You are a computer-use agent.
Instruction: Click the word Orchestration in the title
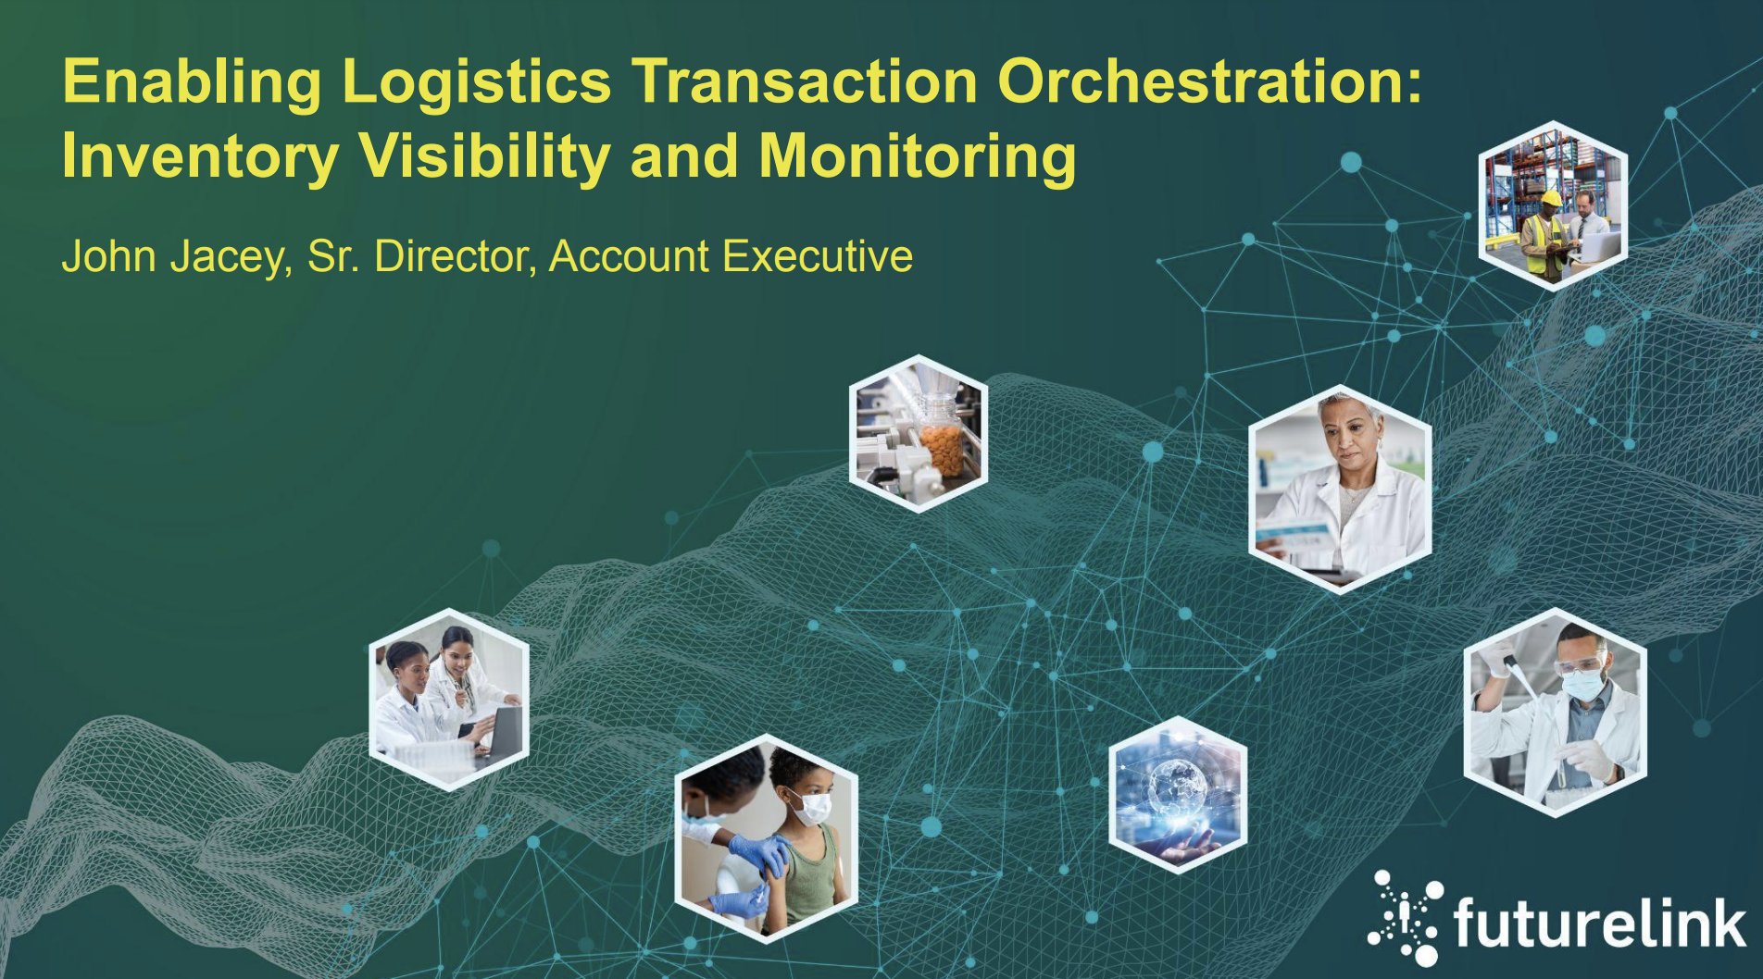pos(1209,81)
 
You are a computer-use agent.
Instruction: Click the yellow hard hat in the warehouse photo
pos(1550,198)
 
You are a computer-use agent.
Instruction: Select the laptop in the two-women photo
pos(501,731)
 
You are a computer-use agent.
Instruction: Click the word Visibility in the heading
pos(485,155)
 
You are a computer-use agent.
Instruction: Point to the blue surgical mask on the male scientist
pos(1582,685)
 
